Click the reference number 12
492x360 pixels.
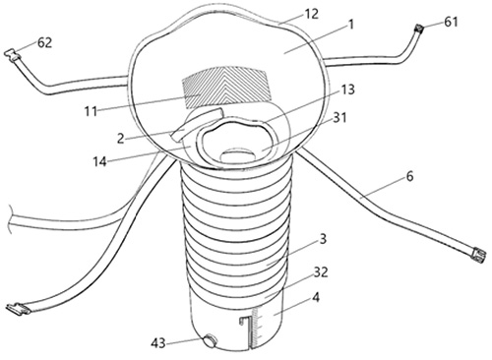click(x=311, y=14)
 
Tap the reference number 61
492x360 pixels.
click(x=451, y=22)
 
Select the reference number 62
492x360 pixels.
click(x=44, y=42)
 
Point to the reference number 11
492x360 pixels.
click(x=91, y=111)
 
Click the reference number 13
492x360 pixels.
click(x=348, y=90)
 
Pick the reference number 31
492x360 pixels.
click(x=339, y=117)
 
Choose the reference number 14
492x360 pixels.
click(x=99, y=161)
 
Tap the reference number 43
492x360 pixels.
click(x=158, y=343)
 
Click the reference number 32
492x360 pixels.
click(x=321, y=272)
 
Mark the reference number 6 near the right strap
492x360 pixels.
click(x=410, y=177)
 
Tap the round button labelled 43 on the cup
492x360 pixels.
click(x=210, y=340)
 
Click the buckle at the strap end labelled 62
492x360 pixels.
click(x=13, y=55)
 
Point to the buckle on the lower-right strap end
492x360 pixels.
click(x=478, y=256)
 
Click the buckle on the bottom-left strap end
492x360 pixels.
click(x=18, y=309)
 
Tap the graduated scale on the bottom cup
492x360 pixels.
click(x=256, y=328)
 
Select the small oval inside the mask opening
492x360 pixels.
click(x=238, y=155)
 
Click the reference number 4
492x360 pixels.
click(x=316, y=298)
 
